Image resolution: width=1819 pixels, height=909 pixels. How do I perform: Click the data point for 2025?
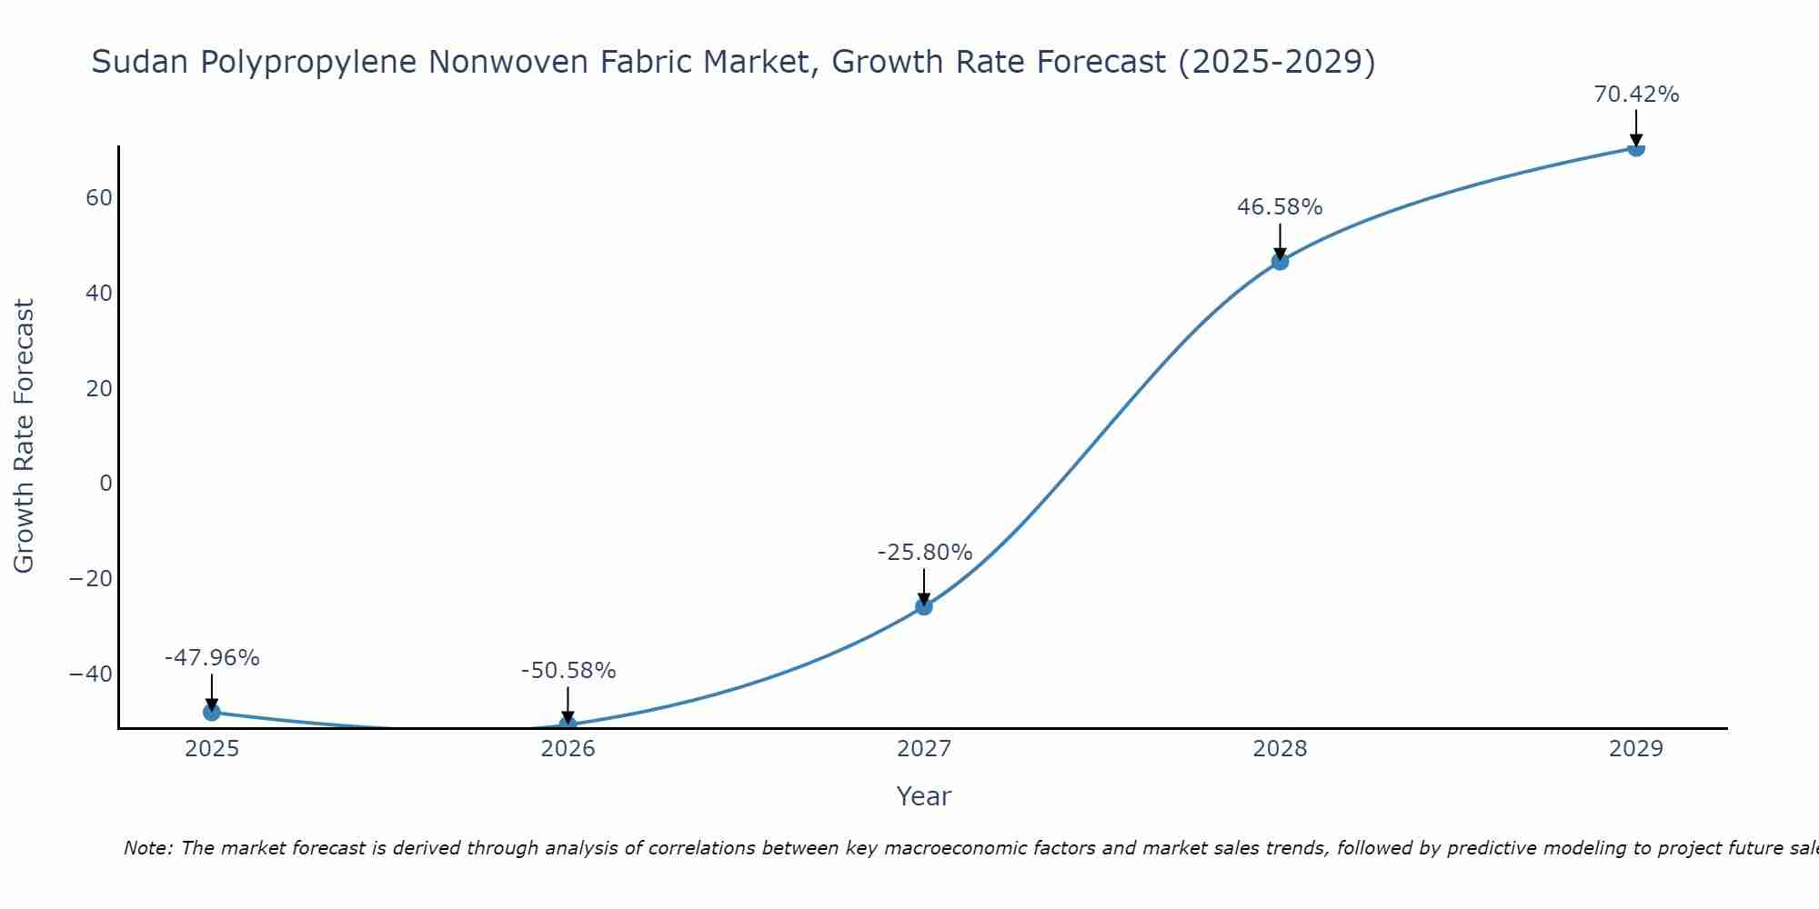click(212, 712)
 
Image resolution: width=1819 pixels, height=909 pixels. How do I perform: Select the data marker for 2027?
click(924, 606)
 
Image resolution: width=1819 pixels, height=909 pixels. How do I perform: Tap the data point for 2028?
click(1280, 262)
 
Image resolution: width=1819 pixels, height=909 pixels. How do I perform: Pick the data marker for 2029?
click(1636, 148)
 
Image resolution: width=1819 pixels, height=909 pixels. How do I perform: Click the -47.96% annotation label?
click(212, 657)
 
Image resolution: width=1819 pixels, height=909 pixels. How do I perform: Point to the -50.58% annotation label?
click(568, 671)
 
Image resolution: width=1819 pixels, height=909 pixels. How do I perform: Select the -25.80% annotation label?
click(924, 552)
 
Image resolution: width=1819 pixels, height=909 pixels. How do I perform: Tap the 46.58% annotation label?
click(1280, 207)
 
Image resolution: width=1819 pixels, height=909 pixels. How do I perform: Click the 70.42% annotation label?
click(1636, 95)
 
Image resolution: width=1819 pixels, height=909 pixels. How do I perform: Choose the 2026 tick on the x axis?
click(568, 749)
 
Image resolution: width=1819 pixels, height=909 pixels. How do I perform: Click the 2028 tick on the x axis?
click(1280, 749)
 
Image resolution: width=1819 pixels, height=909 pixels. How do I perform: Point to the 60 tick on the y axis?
click(99, 198)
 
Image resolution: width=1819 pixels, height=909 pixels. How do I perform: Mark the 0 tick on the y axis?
click(106, 484)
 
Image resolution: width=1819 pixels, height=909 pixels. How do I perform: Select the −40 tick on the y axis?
click(91, 674)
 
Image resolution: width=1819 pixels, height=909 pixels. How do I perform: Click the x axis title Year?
click(923, 796)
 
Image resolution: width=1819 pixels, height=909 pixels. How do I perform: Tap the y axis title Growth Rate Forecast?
click(24, 436)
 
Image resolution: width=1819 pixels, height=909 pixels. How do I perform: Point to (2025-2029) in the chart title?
click(1276, 62)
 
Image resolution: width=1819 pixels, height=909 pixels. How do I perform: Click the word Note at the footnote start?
click(146, 848)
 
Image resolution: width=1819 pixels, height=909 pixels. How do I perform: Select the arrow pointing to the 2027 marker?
click(924, 586)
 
